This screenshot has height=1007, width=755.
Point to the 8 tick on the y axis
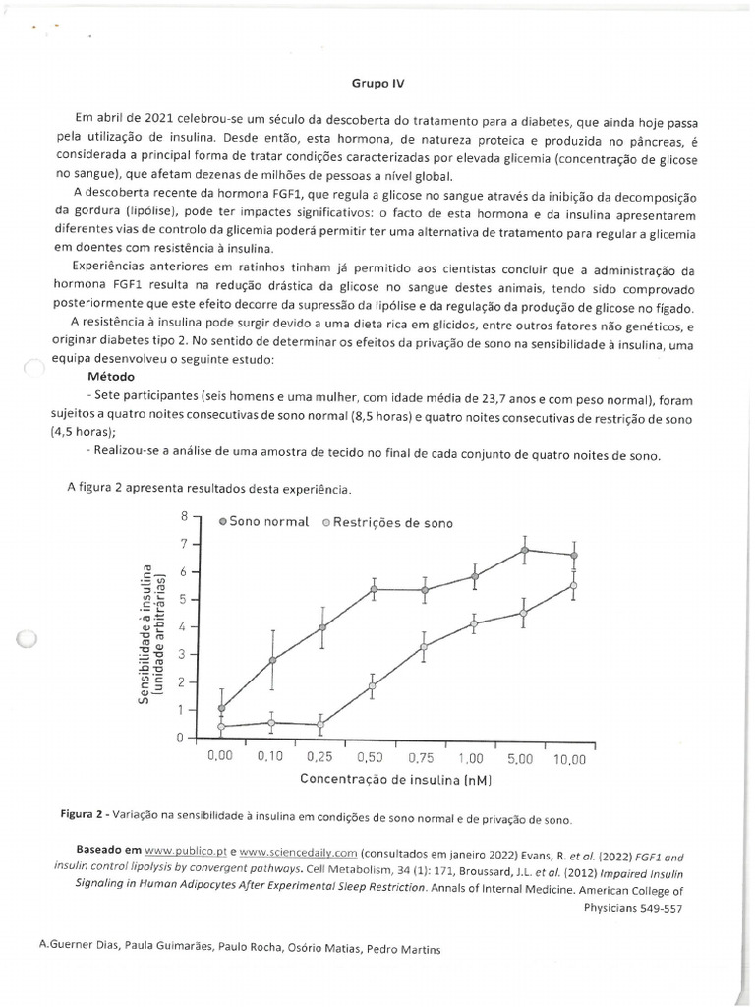[x=183, y=515]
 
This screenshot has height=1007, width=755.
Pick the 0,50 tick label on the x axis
[x=372, y=758]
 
